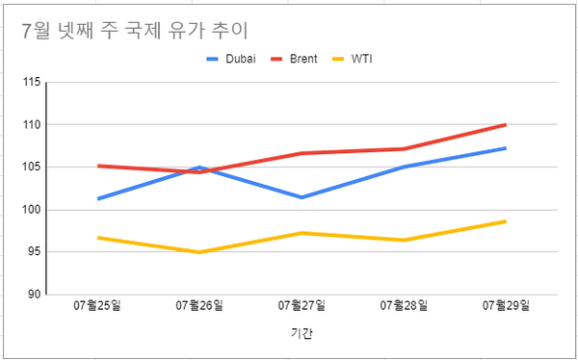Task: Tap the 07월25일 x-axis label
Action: (x=97, y=306)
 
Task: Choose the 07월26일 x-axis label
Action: (x=199, y=306)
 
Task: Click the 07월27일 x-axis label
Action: (x=302, y=306)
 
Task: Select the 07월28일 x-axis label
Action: (x=404, y=306)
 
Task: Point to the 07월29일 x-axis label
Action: (x=506, y=306)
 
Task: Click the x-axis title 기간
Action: (x=302, y=334)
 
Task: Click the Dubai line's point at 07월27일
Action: (x=302, y=197)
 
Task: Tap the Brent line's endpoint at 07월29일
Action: (x=506, y=125)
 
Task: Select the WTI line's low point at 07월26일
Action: (x=199, y=252)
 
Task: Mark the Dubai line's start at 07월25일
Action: (x=97, y=198)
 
